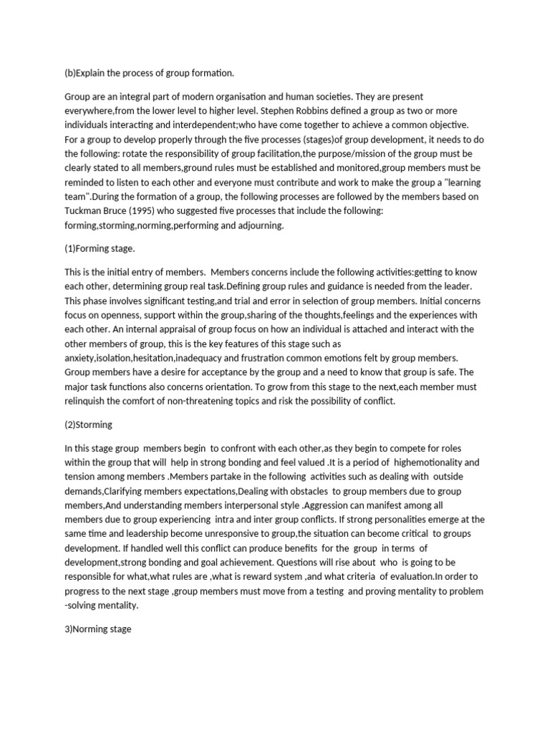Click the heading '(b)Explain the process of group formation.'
[x=149, y=73]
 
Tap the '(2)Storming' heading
[x=89, y=424]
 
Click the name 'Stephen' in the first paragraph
[x=279, y=111]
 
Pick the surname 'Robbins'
[x=320, y=111]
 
